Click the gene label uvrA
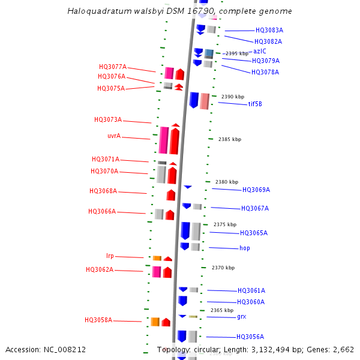point(114,136)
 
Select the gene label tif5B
point(255,104)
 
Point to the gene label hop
point(245,248)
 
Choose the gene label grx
point(241,316)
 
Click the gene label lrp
point(110,256)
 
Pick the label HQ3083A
point(269,30)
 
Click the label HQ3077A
point(113,67)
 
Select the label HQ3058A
point(98,320)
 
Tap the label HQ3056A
point(250,337)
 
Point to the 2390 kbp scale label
point(233,97)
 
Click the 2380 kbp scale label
point(227,182)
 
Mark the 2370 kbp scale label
point(223,268)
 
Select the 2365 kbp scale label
point(222,310)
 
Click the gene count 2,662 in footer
point(343,349)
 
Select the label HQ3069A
point(256,190)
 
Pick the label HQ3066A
point(102,212)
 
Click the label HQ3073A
point(108,120)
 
